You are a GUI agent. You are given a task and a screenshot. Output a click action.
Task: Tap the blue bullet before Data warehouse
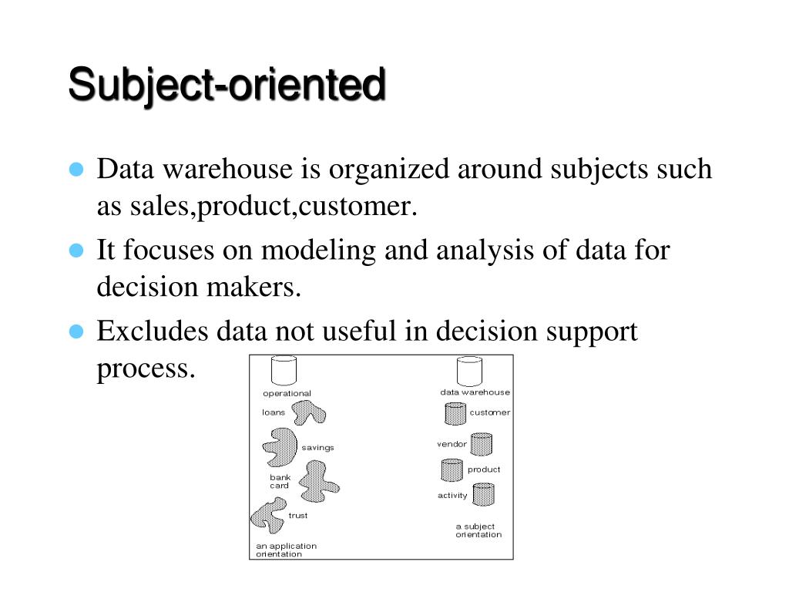click(x=76, y=170)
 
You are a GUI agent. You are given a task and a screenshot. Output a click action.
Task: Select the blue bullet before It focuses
click(x=76, y=251)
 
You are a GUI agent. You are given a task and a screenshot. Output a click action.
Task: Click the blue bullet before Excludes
click(x=76, y=332)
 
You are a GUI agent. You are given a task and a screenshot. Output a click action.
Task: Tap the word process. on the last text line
click(x=146, y=368)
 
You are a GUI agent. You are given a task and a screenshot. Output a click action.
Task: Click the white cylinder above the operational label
click(x=284, y=371)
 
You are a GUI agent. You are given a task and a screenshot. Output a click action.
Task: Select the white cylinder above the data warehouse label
click(x=469, y=371)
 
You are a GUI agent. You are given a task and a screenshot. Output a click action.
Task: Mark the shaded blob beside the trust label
click(x=267, y=516)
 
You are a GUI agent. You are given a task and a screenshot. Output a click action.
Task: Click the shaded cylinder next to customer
click(x=455, y=414)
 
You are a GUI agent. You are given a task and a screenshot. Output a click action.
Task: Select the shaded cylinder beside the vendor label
click(x=481, y=444)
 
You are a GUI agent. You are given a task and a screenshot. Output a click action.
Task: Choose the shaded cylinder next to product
click(x=452, y=469)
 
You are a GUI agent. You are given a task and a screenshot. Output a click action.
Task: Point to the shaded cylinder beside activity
click(x=483, y=494)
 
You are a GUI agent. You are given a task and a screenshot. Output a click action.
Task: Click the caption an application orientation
click(x=286, y=550)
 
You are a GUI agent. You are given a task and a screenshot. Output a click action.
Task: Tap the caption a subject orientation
click(x=478, y=530)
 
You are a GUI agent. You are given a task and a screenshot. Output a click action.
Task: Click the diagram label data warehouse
click(x=475, y=392)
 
